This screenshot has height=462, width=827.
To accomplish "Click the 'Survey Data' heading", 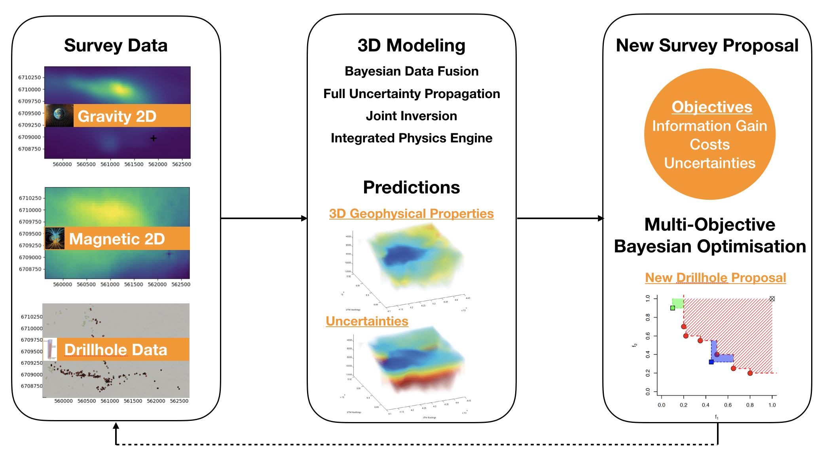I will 116,45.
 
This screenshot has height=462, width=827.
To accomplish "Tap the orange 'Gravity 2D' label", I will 117,116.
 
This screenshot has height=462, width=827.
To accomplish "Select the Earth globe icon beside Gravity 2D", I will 59,116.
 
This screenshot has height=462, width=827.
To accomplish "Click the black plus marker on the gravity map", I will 154,138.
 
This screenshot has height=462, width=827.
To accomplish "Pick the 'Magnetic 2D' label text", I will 117,239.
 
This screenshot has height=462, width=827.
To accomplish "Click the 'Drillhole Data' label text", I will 116,350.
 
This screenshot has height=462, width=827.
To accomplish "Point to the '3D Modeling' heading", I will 411,45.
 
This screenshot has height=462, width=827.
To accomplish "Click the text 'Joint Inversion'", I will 411,116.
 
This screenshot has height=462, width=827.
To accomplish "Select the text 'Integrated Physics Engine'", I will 411,138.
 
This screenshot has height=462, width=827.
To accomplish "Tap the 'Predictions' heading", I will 411,187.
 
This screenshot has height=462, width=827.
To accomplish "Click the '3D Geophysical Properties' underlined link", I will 411,214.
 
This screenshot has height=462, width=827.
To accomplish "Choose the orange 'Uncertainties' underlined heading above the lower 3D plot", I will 367,321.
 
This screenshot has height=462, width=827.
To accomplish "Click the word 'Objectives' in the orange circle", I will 711,107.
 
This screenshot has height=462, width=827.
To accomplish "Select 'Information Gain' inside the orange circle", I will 709,126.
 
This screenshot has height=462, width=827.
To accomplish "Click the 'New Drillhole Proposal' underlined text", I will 715,278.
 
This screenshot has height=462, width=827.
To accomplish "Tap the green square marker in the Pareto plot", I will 673,308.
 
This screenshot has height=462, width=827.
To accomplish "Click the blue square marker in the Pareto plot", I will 711,362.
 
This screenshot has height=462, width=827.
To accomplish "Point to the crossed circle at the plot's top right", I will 772,299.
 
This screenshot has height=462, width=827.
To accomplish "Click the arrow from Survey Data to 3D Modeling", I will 264,218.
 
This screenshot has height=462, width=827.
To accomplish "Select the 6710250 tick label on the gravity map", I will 29,78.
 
